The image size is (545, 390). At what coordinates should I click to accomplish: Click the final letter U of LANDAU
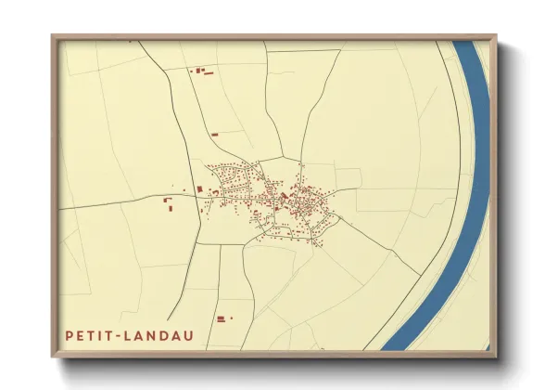click(188, 334)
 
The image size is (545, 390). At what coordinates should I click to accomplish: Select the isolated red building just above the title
click(221, 318)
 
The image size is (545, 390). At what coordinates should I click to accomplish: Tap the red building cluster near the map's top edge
click(201, 70)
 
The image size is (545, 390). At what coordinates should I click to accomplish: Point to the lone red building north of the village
click(214, 135)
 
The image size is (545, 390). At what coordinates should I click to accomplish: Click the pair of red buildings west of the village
click(170, 204)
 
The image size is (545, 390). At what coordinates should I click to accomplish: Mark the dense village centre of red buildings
click(278, 197)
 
